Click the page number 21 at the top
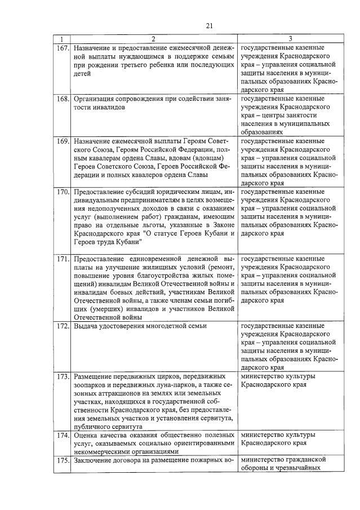click(209, 25)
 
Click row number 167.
click(62, 48)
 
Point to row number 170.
click(62, 192)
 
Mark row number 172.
click(62, 326)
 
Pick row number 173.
click(62, 376)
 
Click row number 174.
click(62, 435)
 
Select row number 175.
click(62, 460)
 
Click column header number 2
click(153, 39)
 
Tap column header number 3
click(290, 39)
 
